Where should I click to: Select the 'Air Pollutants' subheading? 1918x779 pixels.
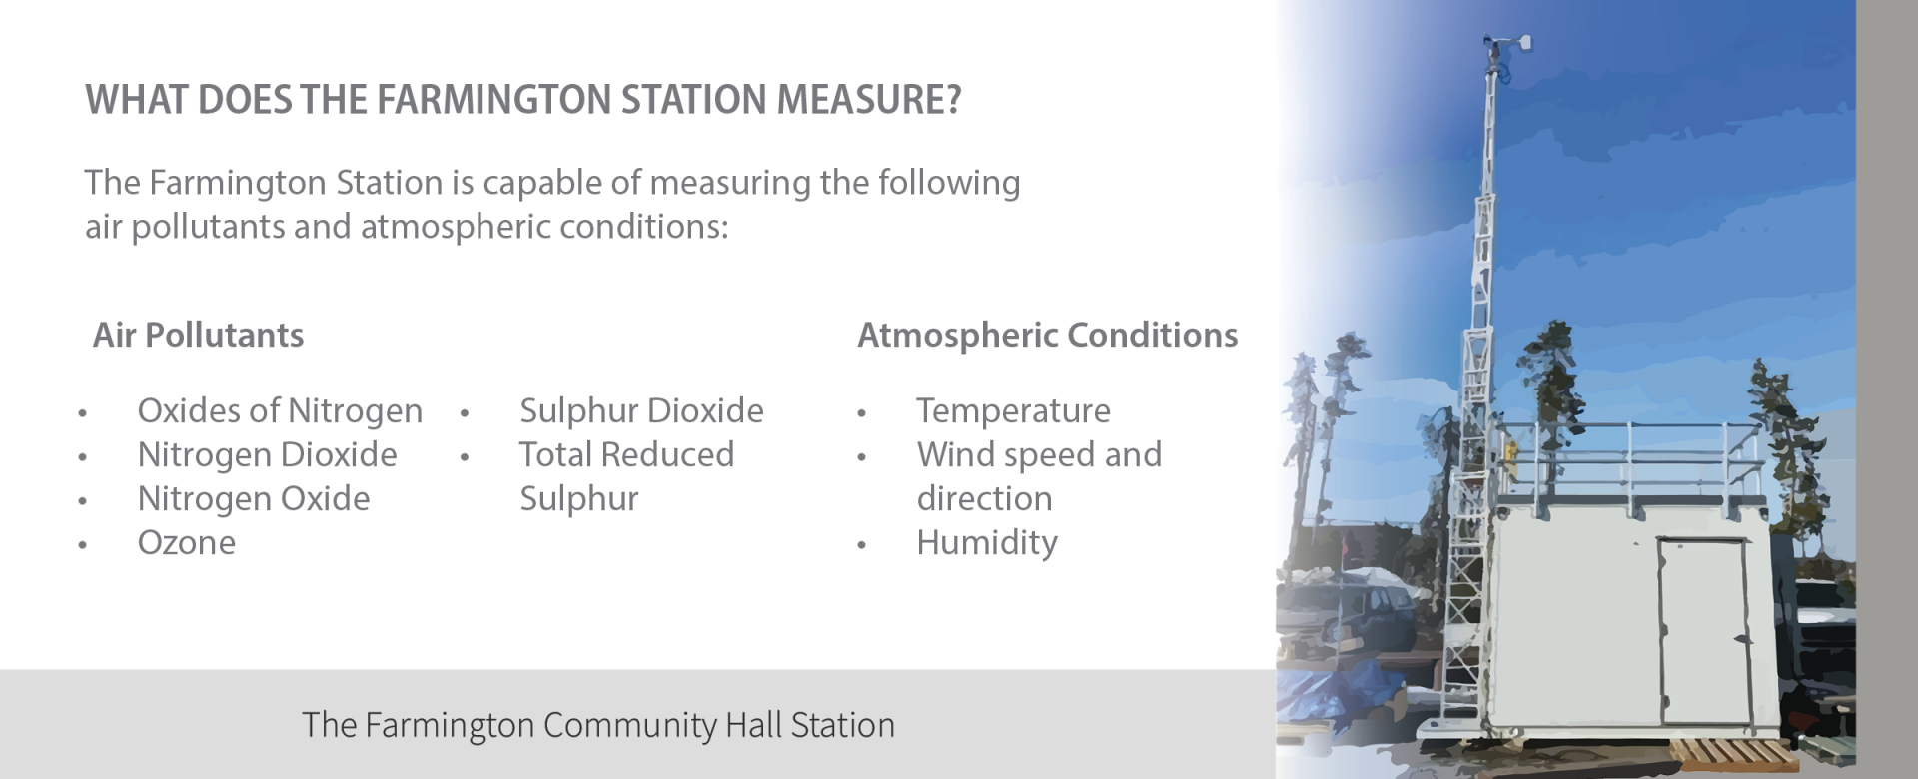[198, 335]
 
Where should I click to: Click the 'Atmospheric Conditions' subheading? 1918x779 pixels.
[1047, 336]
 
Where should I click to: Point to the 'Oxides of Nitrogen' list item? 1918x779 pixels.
[280, 410]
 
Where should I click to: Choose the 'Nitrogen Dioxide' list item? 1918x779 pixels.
[267, 454]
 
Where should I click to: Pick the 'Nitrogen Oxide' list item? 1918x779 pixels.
[254, 498]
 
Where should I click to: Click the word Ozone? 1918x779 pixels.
[187, 542]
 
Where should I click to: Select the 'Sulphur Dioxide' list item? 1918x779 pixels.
[641, 410]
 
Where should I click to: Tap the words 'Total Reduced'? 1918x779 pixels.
[626, 454]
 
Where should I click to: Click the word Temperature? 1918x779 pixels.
[1013, 410]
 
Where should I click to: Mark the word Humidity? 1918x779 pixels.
[987, 542]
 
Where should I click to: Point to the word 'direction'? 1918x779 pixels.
[984, 498]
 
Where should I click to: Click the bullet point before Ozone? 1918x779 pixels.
[82, 545]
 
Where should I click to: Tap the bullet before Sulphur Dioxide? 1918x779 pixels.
[465, 412]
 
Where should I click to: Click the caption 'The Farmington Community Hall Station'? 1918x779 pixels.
[598, 725]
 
